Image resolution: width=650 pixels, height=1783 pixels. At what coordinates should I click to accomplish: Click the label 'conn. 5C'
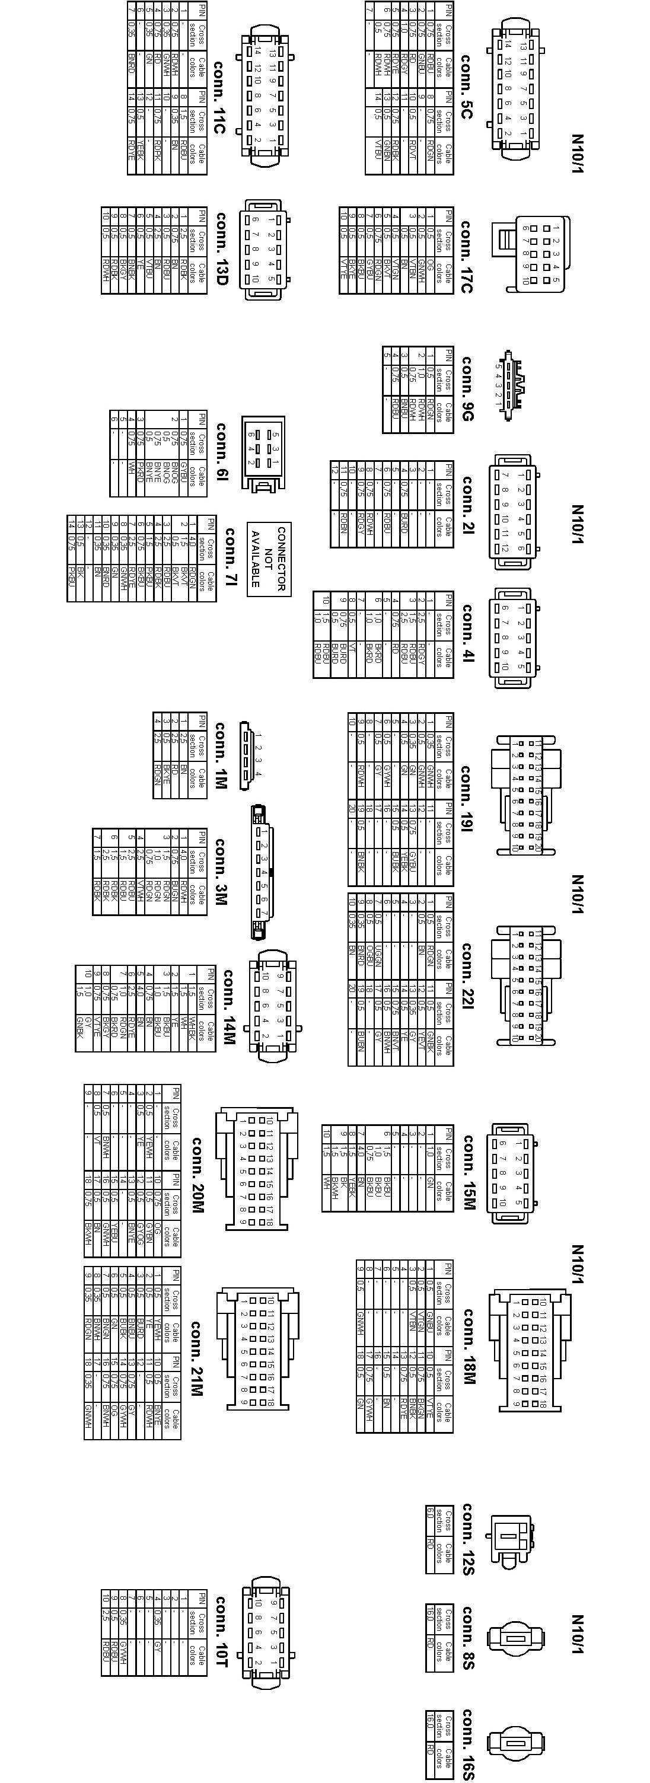tap(467, 87)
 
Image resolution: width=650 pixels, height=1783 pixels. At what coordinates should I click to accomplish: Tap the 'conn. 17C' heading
tap(467, 257)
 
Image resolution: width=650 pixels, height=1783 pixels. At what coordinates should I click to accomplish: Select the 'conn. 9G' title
tap(467, 388)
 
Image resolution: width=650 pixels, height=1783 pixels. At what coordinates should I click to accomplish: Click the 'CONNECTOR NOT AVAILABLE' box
tap(269, 559)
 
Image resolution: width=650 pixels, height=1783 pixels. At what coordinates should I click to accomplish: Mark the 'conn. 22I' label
tap(467, 975)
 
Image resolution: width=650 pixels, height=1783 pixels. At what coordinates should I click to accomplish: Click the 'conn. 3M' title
tap(220, 872)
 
